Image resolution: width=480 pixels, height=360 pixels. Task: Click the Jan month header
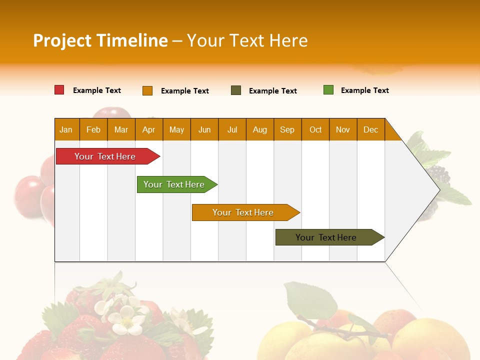(66, 129)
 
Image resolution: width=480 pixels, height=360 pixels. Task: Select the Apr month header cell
(149, 129)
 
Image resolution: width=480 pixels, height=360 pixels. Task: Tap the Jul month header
(232, 129)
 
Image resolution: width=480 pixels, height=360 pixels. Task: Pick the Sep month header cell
(287, 129)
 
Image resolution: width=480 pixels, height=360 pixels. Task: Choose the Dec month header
(370, 129)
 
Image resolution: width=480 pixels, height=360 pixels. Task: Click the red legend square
(59, 90)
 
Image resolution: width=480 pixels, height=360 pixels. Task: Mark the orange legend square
(147, 90)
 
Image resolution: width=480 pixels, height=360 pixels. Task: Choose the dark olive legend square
(236, 90)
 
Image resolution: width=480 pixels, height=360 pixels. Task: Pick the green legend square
(328, 90)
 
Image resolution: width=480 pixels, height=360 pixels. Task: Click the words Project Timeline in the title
(100, 40)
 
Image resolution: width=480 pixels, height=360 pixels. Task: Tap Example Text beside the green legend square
(364, 90)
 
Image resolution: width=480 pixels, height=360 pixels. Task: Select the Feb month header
(93, 129)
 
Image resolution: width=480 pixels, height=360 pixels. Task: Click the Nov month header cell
(343, 129)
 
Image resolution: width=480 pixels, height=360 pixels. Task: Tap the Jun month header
(204, 129)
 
